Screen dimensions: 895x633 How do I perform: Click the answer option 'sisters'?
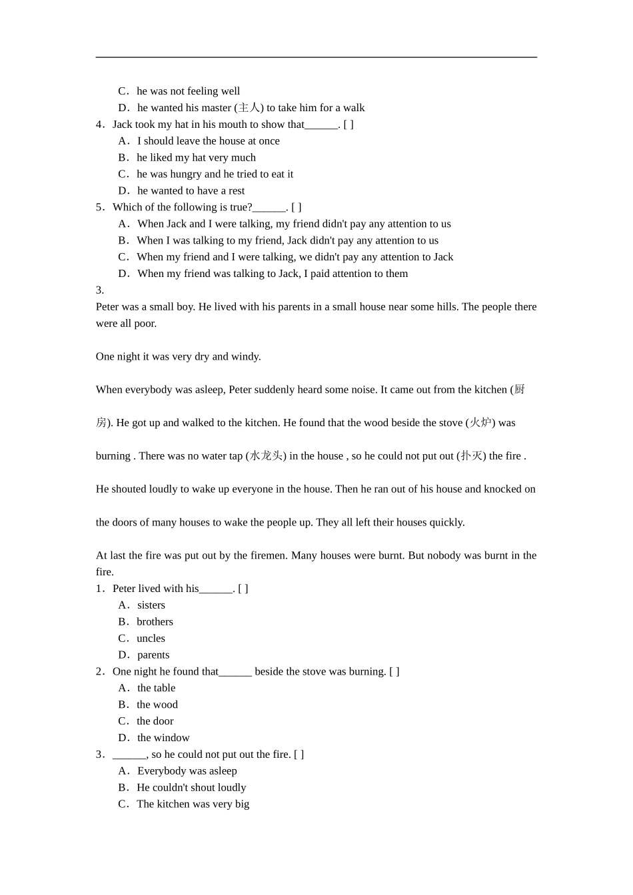[151, 605]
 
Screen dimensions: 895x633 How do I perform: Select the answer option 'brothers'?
[155, 622]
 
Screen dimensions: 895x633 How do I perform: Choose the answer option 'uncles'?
[151, 639]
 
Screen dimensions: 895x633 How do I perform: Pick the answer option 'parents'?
[153, 655]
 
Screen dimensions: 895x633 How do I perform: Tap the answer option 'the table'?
[156, 688]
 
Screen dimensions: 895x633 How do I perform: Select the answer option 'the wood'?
[157, 705]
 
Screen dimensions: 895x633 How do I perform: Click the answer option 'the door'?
[155, 721]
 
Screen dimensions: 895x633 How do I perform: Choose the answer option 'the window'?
[163, 738]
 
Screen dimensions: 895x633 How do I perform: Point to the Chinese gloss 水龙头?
[265, 456]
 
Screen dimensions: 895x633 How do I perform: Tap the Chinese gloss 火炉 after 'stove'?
[480, 423]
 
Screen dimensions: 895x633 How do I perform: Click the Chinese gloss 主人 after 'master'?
[249, 108]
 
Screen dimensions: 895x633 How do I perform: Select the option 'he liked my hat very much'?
[196, 158]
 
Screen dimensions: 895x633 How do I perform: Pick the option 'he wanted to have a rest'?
[191, 191]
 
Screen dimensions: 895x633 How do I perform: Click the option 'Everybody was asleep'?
[187, 771]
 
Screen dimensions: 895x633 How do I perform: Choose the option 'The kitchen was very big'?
[193, 804]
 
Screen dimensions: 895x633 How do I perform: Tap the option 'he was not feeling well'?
[188, 91]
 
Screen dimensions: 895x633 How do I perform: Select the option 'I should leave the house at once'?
[208, 141]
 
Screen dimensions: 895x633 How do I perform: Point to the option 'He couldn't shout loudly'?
[191, 788]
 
